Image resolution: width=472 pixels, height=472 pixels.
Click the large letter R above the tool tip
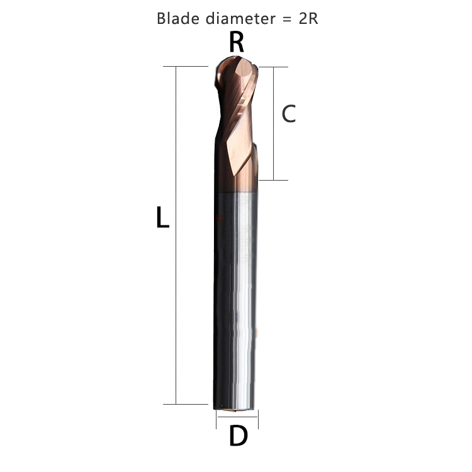237,42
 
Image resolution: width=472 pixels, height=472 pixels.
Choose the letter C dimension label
288,114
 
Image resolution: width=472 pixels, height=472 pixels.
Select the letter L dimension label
162,218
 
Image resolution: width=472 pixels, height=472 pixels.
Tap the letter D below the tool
238,436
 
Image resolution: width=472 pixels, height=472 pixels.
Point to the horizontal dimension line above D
237,414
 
